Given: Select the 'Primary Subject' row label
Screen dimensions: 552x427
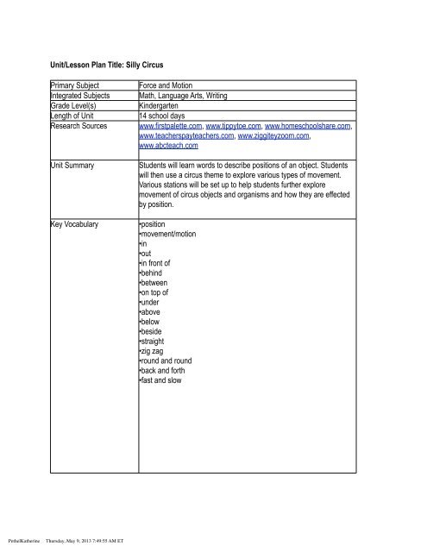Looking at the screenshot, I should pyautogui.click(x=76, y=86).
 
